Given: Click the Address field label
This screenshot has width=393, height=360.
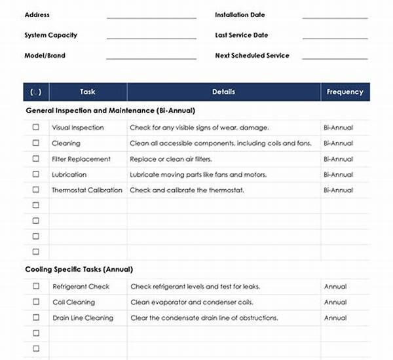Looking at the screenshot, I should click(x=37, y=15).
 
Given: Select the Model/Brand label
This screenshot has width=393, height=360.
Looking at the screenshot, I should click(x=45, y=56).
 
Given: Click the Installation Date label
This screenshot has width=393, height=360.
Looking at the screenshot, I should click(x=240, y=15).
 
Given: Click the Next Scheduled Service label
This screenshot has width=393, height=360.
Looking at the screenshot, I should click(x=252, y=56).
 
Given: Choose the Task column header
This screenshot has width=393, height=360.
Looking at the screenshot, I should click(x=88, y=92).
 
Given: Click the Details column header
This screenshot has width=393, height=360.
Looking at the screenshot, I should click(x=223, y=92).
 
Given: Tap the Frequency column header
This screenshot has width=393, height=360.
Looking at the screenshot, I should click(x=345, y=92).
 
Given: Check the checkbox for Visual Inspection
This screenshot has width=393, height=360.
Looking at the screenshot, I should click(x=36, y=128).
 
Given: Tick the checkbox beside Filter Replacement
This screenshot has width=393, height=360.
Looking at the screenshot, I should click(x=36, y=159).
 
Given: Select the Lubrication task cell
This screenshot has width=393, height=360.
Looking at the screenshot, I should click(x=69, y=175).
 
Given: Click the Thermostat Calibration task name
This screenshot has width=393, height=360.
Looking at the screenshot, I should click(x=86, y=190).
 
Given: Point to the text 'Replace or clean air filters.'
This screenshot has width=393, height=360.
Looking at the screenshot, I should click(x=171, y=159).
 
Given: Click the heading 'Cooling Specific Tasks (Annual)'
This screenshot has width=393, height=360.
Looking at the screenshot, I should click(x=79, y=269).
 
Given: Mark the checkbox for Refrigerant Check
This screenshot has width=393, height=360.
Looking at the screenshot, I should click(x=36, y=286).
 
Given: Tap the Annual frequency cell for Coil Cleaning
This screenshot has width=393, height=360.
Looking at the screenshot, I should click(x=335, y=302).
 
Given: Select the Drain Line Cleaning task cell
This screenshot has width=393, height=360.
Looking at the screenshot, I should click(x=83, y=318).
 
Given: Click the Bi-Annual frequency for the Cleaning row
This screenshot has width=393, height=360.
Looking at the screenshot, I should click(x=338, y=143).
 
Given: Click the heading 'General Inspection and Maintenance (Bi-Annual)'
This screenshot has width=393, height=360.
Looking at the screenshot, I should click(x=110, y=111).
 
